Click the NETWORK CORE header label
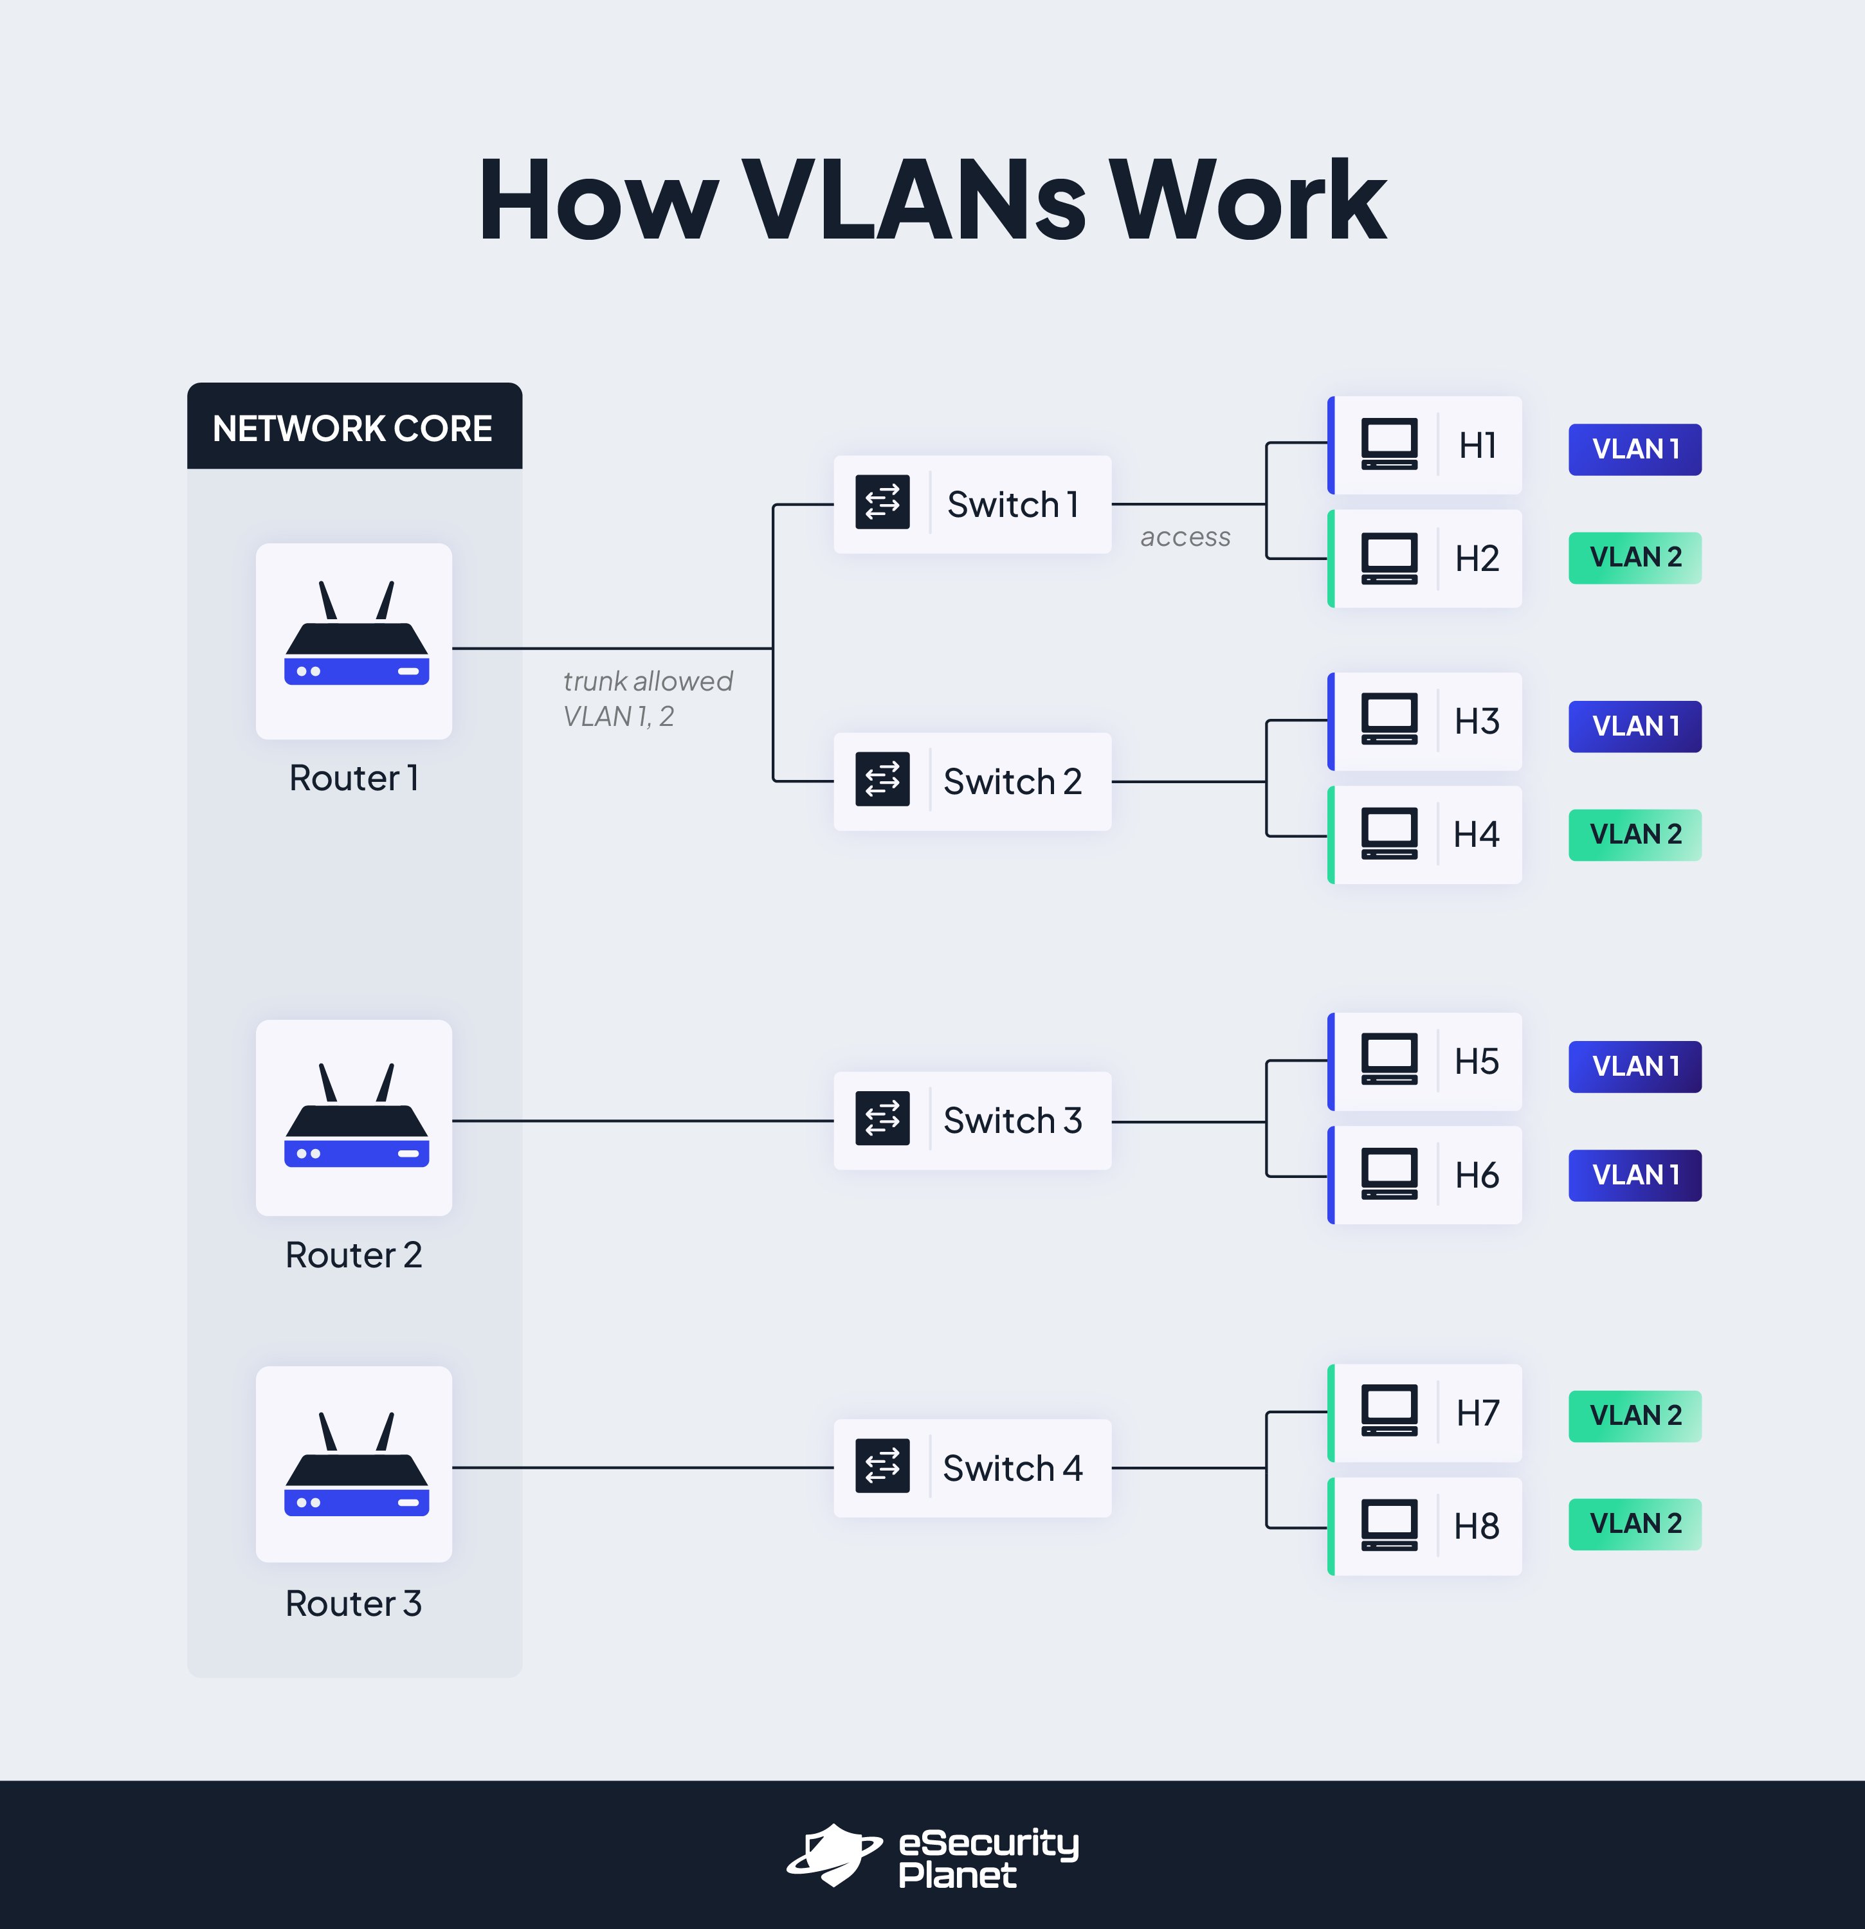point(352,429)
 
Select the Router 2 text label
point(353,1255)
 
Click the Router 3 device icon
point(355,1465)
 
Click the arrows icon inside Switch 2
point(882,779)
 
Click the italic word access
point(1185,538)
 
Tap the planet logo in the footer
point(833,1854)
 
